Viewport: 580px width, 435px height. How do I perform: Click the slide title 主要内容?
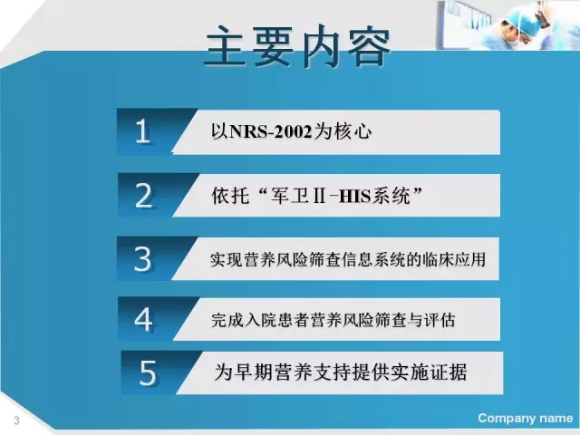point(298,47)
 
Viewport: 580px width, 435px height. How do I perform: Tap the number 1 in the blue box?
point(143,131)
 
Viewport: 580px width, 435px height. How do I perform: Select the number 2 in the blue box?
point(143,195)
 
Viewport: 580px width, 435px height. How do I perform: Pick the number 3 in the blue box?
point(143,259)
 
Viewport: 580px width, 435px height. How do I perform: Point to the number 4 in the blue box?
point(143,319)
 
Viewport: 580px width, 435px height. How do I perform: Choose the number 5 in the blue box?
point(148,372)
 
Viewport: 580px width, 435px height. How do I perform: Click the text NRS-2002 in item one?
point(270,131)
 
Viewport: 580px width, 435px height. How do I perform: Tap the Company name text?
point(526,418)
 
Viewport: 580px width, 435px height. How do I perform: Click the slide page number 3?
point(16,420)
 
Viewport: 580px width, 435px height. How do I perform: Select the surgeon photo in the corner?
point(507,24)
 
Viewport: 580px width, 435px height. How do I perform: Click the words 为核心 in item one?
point(343,131)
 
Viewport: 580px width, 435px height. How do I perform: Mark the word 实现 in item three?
point(227,259)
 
